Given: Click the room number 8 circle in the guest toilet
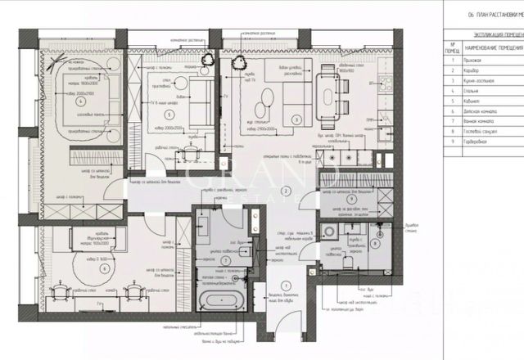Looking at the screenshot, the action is [374, 241].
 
